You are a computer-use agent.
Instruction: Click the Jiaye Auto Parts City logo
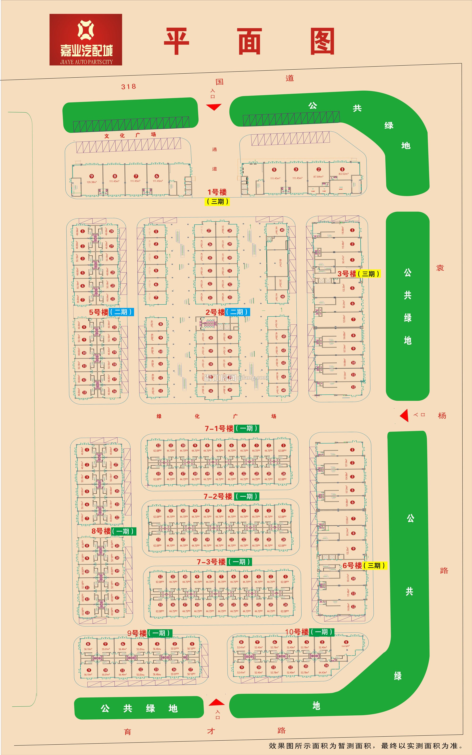[x=85, y=40]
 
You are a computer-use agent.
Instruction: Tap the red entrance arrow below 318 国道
[x=214, y=107]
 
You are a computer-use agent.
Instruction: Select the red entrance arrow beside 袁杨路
[x=405, y=415]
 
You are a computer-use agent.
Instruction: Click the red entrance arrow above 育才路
[x=216, y=703]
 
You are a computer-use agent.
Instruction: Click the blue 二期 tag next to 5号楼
[x=122, y=312]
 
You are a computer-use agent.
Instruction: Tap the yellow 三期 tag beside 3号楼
[x=369, y=274]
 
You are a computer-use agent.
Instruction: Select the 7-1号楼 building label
[x=219, y=428]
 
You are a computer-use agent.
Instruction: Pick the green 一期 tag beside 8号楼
[x=124, y=531]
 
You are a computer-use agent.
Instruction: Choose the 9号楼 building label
[x=137, y=633]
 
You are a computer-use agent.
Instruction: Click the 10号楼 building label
[x=297, y=632]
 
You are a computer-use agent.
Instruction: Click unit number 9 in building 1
[x=92, y=176]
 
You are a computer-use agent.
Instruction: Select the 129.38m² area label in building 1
[x=92, y=182]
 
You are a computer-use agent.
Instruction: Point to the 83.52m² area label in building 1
[x=343, y=174]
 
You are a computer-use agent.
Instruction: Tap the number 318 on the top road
[x=128, y=86]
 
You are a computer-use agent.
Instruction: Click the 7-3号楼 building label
[x=211, y=562]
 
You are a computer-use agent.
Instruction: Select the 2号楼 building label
[x=215, y=312]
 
